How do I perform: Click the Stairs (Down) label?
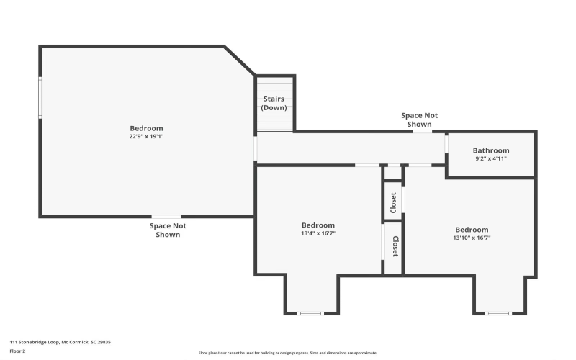tap(274, 103)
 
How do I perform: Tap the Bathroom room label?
tap(491, 150)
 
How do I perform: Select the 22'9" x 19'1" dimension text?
tap(146, 136)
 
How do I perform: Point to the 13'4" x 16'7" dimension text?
tap(318, 233)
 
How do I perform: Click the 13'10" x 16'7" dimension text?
tap(472, 238)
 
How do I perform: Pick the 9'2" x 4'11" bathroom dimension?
tap(491, 158)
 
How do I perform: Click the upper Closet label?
tap(393, 203)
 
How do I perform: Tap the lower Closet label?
tap(395, 247)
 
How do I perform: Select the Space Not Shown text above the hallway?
tap(419, 120)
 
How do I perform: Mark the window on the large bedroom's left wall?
tap(40, 97)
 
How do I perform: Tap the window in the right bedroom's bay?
tap(498, 312)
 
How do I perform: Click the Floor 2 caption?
tap(17, 351)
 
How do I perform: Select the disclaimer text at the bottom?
tap(288, 353)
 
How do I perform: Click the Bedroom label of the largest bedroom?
tap(146, 128)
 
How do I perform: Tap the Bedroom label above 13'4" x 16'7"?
tap(318, 225)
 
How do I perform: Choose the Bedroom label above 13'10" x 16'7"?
tap(472, 230)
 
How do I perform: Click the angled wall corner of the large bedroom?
tap(240, 61)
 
